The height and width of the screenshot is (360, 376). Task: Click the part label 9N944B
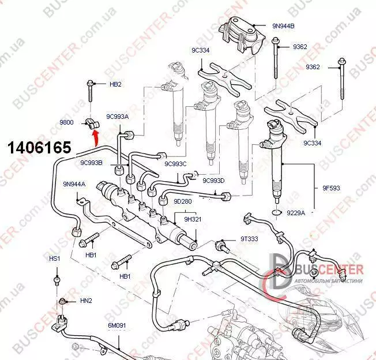tap(283, 26)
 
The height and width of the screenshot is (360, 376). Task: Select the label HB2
tap(115, 84)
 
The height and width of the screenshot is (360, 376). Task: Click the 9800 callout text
tap(67, 122)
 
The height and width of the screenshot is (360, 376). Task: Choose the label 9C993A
tap(117, 117)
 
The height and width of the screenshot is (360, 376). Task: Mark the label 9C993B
tap(91, 163)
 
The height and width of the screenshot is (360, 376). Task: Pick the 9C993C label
tap(175, 164)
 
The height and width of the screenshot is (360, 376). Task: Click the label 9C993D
tap(213, 181)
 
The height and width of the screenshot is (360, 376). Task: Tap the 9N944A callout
tap(74, 184)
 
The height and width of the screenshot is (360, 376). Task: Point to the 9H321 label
tap(193, 219)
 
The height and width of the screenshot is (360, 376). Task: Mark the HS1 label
tap(55, 258)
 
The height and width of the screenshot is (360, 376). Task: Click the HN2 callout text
tap(85, 300)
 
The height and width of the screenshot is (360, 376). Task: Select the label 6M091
tap(117, 326)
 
